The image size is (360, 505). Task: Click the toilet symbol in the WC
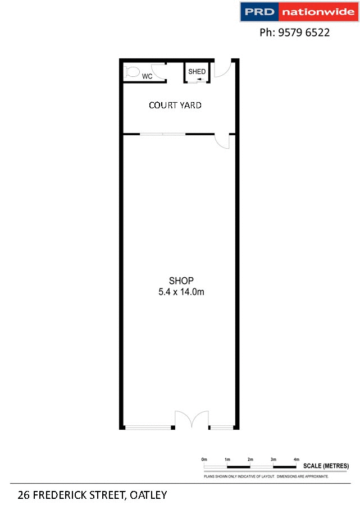click(132, 72)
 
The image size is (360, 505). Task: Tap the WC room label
click(147, 76)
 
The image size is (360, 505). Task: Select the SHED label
click(197, 72)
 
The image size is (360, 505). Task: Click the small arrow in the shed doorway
click(200, 80)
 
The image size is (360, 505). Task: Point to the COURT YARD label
click(175, 105)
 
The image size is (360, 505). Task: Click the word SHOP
click(181, 281)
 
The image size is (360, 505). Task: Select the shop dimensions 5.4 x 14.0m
click(181, 291)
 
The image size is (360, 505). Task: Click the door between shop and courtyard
click(223, 141)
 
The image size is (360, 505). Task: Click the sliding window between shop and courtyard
click(162, 134)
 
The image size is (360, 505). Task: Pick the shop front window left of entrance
click(148, 428)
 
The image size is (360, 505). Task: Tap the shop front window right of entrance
click(221, 428)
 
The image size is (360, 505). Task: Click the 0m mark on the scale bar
click(204, 460)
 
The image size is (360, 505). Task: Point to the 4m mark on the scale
click(296, 460)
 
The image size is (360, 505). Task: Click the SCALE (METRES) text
click(326, 466)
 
